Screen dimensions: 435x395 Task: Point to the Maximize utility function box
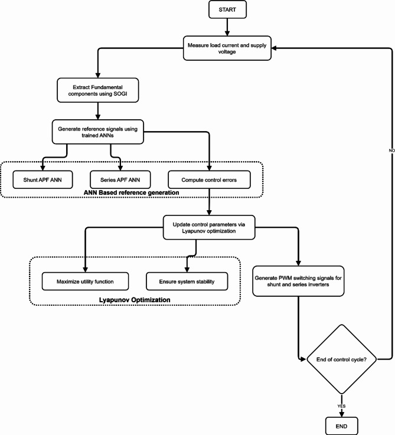(86, 281)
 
